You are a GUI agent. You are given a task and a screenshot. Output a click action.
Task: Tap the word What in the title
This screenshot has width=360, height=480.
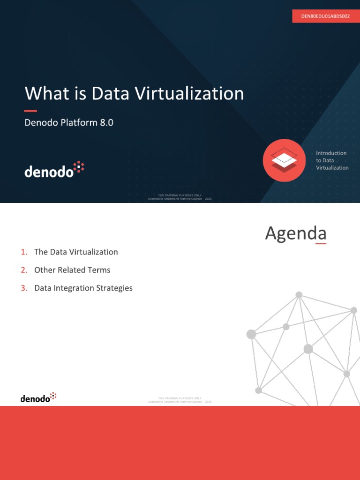pos(46,94)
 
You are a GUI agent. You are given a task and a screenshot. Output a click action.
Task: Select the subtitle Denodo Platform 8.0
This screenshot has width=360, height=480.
pos(69,123)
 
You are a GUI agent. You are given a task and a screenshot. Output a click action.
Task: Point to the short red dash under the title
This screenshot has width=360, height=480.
pos(30,111)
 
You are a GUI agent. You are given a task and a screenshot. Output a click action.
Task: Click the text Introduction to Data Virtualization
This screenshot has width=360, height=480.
pos(332,160)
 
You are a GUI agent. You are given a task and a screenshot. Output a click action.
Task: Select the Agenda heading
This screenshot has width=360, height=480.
pos(295,233)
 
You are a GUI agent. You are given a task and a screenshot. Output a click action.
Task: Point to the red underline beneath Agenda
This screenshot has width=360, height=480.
pos(321,244)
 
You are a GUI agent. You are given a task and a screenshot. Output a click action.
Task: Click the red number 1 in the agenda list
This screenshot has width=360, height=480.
pos(24,252)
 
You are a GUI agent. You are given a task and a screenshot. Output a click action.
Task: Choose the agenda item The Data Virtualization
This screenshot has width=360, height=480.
pos(76,252)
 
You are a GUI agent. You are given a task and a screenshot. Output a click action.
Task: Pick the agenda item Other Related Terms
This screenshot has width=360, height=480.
pos(72,270)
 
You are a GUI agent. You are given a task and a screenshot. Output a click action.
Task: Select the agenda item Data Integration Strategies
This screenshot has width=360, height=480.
pos(83,288)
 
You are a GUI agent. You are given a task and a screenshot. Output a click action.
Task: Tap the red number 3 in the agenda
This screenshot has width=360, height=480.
pos(24,288)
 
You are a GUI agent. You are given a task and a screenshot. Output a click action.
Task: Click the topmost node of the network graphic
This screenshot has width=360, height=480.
pos(299,295)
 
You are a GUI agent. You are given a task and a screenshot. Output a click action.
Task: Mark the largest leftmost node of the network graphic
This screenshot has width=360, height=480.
pos(251,334)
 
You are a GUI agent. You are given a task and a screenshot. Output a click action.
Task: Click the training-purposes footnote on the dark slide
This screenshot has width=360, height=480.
pos(180,197)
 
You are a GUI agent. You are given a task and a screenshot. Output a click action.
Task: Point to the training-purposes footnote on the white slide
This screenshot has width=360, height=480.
pos(180,400)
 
